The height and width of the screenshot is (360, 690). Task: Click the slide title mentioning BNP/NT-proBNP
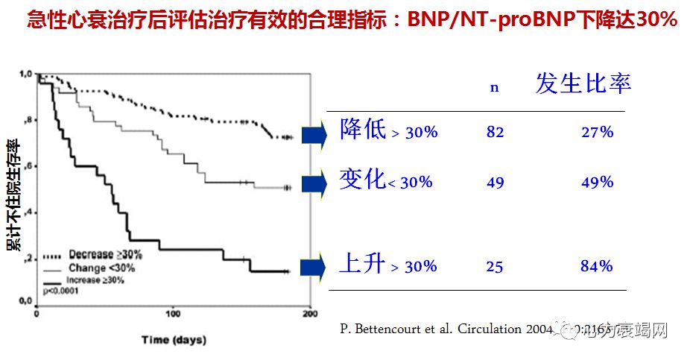(x=352, y=20)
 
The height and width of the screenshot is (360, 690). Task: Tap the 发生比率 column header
(x=583, y=83)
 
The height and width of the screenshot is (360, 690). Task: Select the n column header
(x=493, y=87)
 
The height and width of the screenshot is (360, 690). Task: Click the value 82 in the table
(x=495, y=133)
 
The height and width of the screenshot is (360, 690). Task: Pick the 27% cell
(x=597, y=133)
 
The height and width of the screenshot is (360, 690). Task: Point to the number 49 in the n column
(x=495, y=183)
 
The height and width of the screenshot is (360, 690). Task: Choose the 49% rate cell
(x=597, y=183)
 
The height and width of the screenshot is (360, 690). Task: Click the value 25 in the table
(x=494, y=267)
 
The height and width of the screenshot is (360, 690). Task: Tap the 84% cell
(x=597, y=266)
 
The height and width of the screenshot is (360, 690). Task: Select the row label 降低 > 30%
(x=388, y=131)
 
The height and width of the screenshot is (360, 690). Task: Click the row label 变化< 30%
(x=385, y=181)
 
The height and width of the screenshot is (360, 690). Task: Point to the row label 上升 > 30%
(x=387, y=265)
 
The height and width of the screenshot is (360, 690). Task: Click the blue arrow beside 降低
(x=314, y=134)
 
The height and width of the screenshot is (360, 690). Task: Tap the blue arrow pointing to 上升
(x=314, y=267)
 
